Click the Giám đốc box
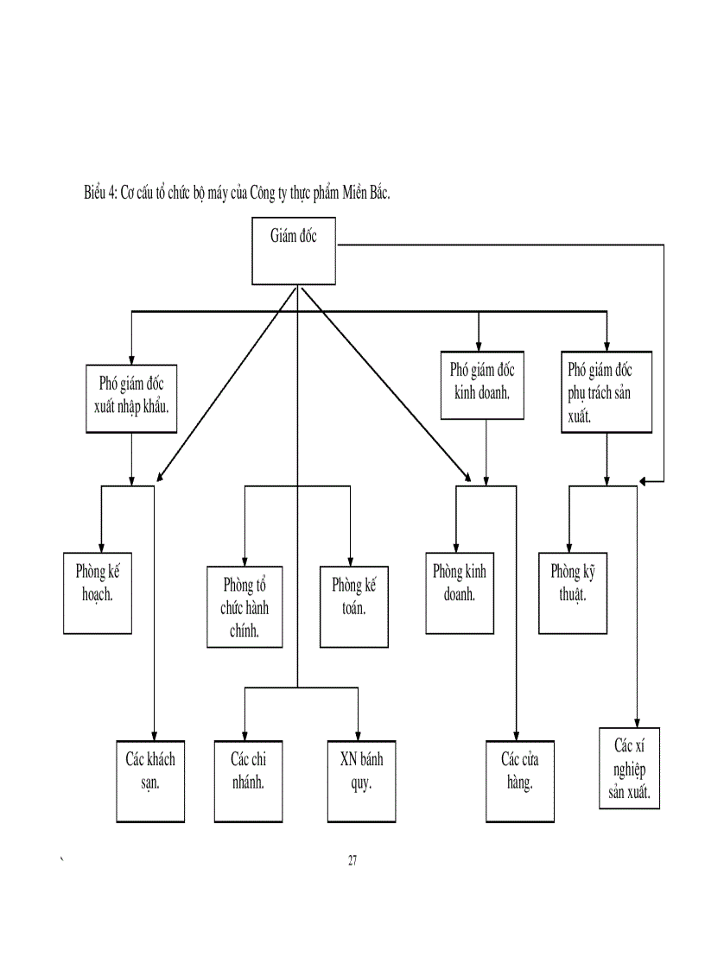pyautogui.click(x=293, y=250)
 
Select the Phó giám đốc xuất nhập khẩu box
pyautogui.click(x=132, y=398)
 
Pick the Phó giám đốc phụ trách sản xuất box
pyautogui.click(x=607, y=390)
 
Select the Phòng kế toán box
pyautogui.click(x=353, y=606)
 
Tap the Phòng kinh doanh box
pyautogui.click(x=460, y=595)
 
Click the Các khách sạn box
pyautogui.click(x=150, y=781)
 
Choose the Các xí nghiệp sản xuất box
pyautogui.click(x=630, y=768)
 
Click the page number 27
pyautogui.click(x=352, y=860)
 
